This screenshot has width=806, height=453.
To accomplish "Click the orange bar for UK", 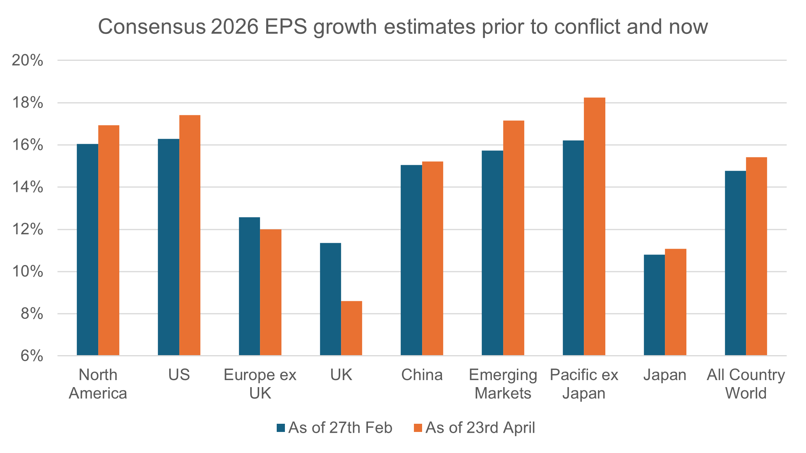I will pyautogui.click(x=352, y=328).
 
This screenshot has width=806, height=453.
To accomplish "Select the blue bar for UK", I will pyautogui.click(x=331, y=299).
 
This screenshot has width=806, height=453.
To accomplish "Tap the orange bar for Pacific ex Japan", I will pyautogui.click(x=594, y=226).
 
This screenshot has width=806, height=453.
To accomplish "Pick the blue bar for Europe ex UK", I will pyautogui.click(x=249, y=286).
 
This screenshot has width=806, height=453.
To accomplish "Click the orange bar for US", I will pyautogui.click(x=190, y=235).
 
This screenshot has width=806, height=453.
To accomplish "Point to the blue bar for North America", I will pyautogui.click(x=88, y=250).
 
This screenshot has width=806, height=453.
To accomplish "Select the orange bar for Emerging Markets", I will pyautogui.click(x=514, y=238).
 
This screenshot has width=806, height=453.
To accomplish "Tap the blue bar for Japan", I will pyautogui.click(x=654, y=305).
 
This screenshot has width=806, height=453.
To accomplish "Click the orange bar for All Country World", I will pyautogui.click(x=757, y=256).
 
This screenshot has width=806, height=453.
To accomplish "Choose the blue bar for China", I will pyautogui.click(x=412, y=260).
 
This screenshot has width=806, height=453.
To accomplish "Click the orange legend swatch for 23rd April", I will pyautogui.click(x=418, y=428).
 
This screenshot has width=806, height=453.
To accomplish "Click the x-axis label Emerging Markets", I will pyautogui.click(x=503, y=384).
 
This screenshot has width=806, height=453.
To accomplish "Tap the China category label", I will pyautogui.click(x=422, y=375).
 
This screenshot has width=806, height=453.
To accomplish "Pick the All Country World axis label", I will pyautogui.click(x=746, y=384).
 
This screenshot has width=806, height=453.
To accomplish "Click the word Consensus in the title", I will pyautogui.click(x=152, y=27).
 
